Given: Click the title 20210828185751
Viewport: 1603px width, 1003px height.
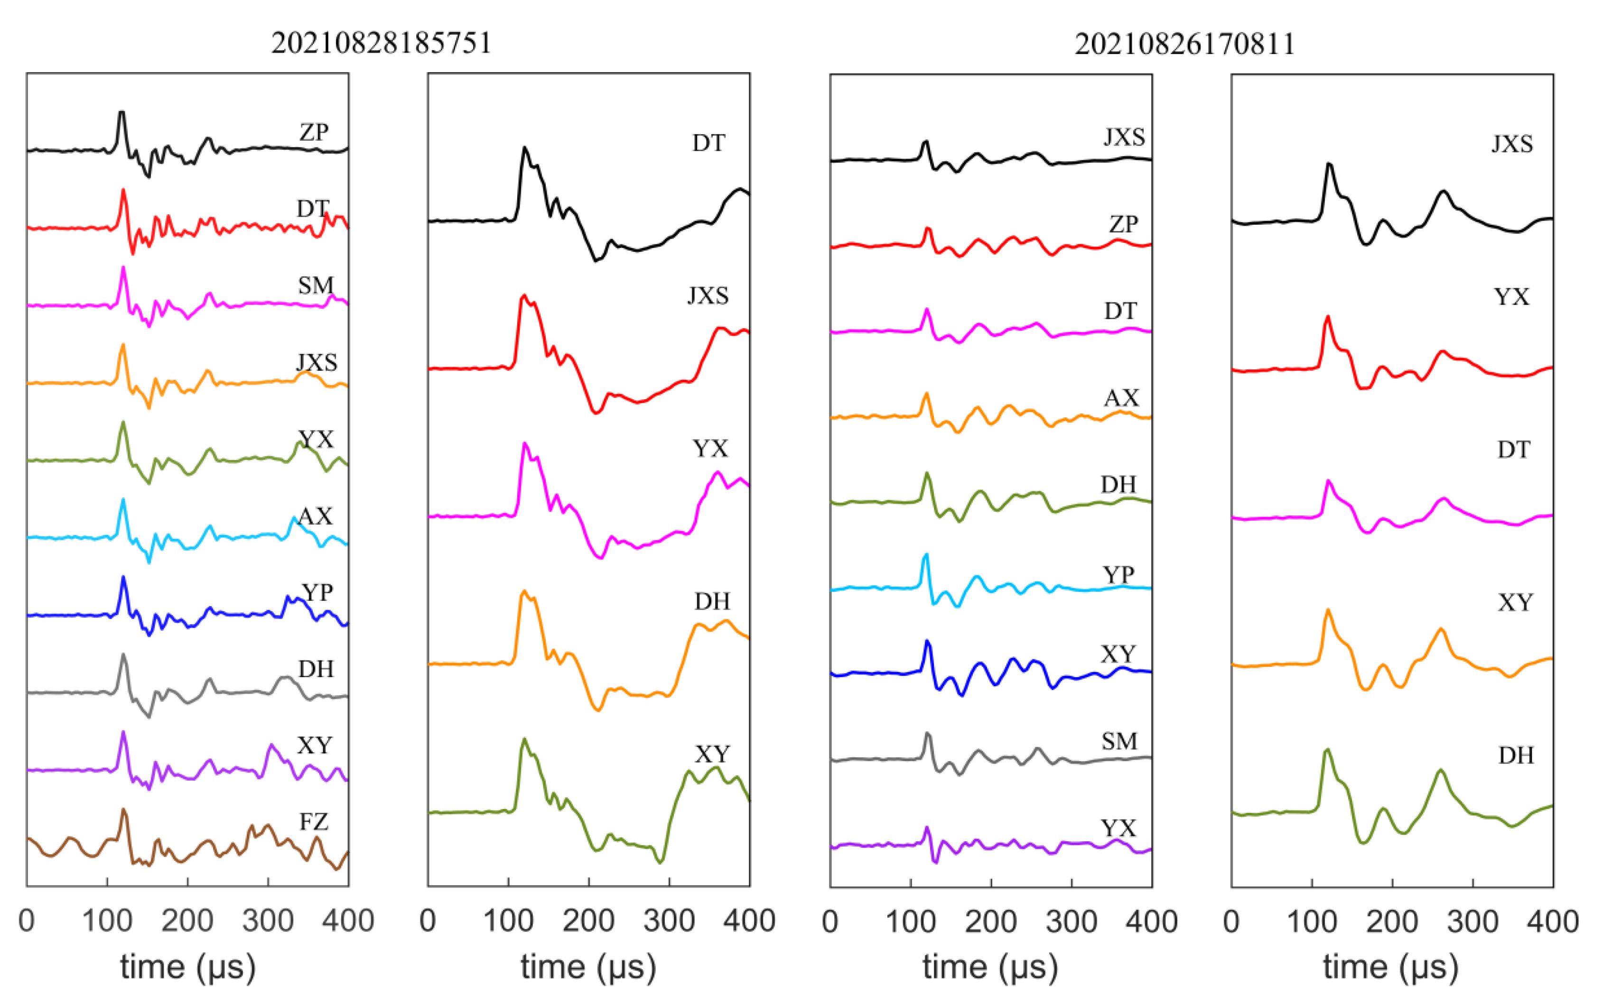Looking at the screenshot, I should pos(381,44).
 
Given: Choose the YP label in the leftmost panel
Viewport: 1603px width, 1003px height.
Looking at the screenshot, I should pos(317,592).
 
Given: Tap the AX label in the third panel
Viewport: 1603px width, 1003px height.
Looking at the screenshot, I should pos(1121,398).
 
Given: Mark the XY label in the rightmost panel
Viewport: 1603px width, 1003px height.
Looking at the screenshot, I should pos(1515,602).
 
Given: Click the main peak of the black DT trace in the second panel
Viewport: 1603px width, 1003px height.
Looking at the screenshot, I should pos(524,148).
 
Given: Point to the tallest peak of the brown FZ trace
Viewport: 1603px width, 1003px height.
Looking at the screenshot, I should pos(123,810).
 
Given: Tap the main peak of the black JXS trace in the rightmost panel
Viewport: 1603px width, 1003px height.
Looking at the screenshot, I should pos(1328,164).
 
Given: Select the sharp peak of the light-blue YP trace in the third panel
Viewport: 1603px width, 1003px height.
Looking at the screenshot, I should pos(925,554).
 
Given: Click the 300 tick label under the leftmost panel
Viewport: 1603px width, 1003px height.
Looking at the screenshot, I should pos(268,921).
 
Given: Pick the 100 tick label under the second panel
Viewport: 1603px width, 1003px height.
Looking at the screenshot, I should pos(508,921).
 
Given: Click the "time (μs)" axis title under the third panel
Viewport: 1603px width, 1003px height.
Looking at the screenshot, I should pos(990,967).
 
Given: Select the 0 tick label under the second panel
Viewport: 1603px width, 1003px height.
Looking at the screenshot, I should pos(428,921).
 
